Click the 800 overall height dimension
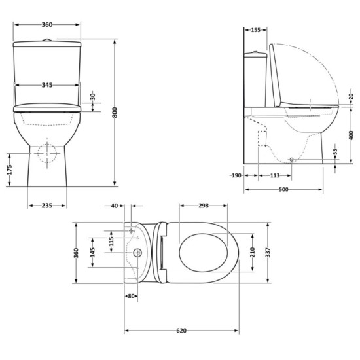(x=116, y=113)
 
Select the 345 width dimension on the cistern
(x=46, y=85)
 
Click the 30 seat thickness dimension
(x=92, y=96)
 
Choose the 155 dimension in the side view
(x=255, y=30)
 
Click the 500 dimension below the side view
(x=283, y=190)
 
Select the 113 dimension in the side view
(x=274, y=175)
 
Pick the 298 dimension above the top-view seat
(x=203, y=206)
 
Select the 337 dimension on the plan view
(x=267, y=252)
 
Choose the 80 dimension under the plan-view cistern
(x=132, y=296)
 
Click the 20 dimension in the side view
(x=351, y=96)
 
